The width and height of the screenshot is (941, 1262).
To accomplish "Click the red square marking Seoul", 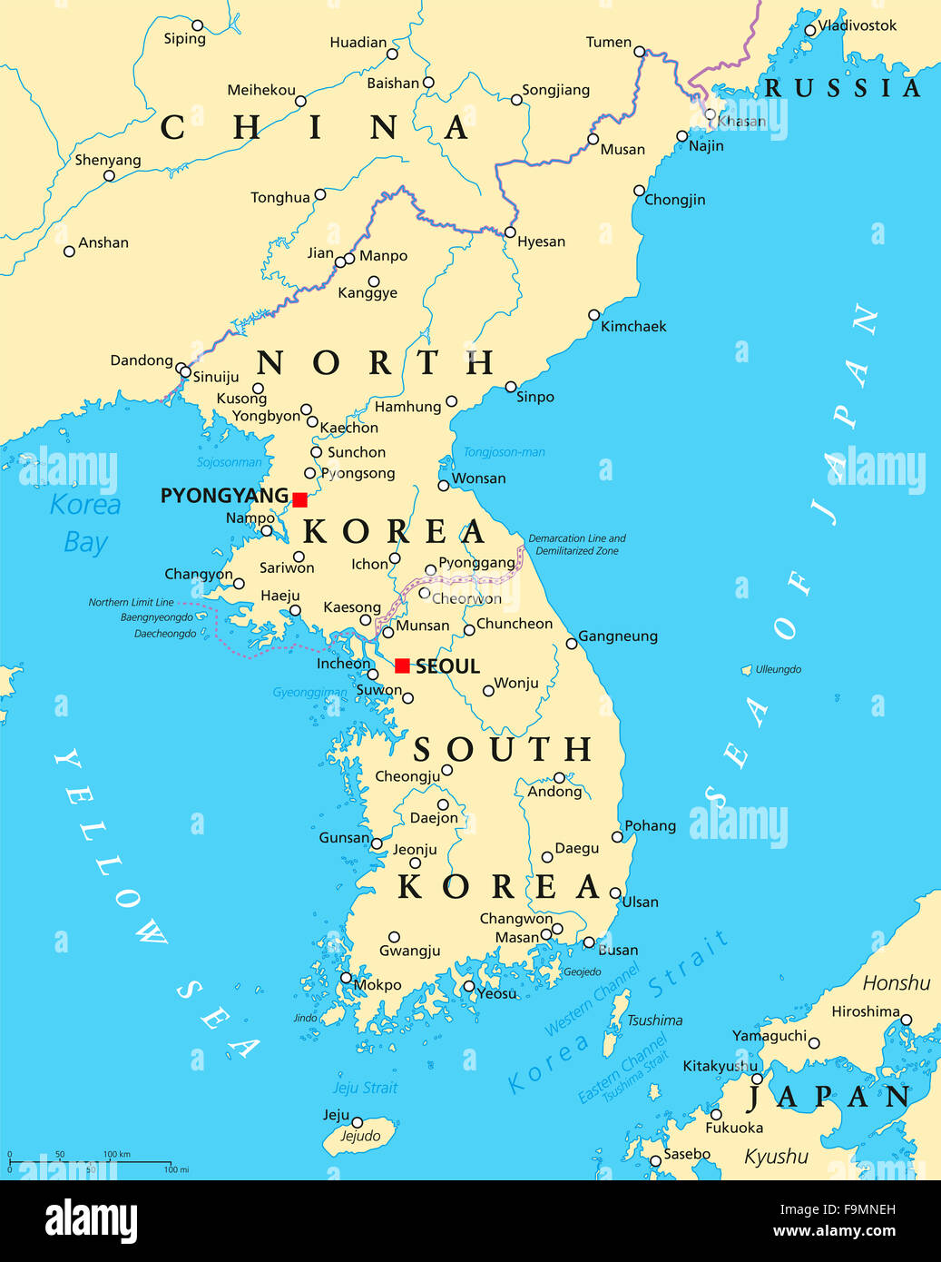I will (x=402, y=666).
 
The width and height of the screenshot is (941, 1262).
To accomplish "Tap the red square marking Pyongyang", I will (x=299, y=499).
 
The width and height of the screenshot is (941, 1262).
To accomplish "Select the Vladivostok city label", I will (x=858, y=25).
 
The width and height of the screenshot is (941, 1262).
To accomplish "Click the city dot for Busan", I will (x=589, y=942).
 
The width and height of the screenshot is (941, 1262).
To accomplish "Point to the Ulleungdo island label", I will (x=779, y=669).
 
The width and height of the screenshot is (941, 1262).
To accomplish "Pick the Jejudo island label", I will (x=360, y=1136).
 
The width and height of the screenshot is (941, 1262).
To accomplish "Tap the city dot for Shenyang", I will (x=109, y=175).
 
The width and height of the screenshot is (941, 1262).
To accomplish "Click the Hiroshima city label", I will (x=866, y=1011).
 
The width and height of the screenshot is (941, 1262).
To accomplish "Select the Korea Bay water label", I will (x=85, y=523).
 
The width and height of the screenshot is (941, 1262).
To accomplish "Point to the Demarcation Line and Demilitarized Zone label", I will (x=577, y=545).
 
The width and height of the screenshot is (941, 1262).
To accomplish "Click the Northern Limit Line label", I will (x=131, y=602).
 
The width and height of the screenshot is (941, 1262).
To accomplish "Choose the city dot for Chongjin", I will (x=639, y=191).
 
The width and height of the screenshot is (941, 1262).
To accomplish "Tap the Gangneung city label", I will (x=618, y=636).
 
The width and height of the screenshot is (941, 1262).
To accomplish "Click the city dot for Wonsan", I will (x=444, y=486).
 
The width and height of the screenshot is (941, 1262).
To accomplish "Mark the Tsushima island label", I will (x=654, y=1020).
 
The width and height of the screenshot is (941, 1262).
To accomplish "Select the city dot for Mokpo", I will (x=346, y=978).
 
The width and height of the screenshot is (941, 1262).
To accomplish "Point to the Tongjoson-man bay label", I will (x=505, y=452).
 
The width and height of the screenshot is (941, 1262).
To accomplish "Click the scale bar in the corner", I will (x=91, y=1162).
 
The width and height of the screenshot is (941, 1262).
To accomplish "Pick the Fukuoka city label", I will (x=734, y=1128).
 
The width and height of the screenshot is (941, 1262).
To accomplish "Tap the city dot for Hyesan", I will (x=510, y=232).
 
